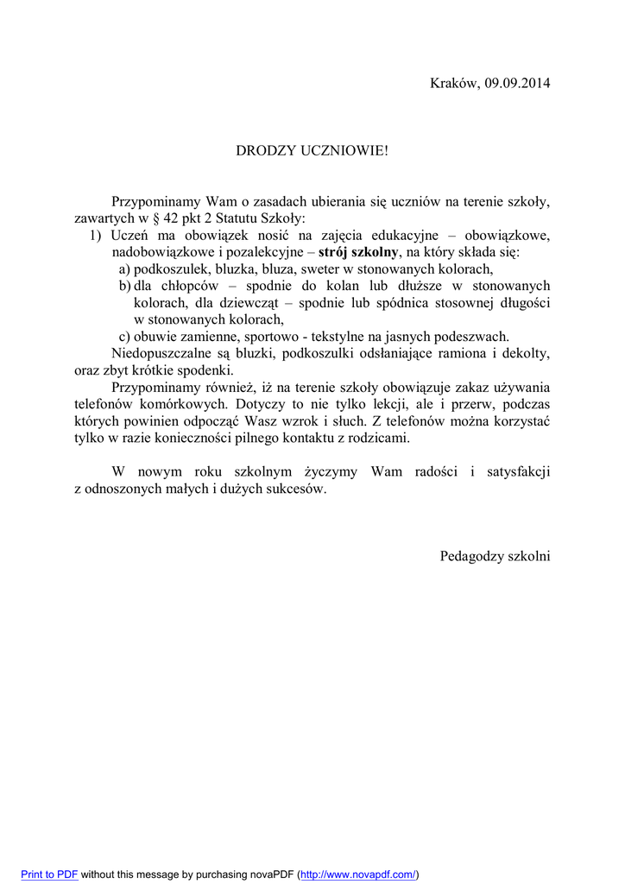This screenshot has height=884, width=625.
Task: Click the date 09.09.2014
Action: pyautogui.click(x=517, y=83)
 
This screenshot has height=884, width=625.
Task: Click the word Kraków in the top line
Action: pyautogui.click(x=454, y=83)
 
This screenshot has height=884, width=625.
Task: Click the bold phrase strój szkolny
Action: pyautogui.click(x=358, y=252)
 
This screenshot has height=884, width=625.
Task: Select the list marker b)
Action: pyautogui.click(x=124, y=286)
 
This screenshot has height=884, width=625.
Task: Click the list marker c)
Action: pyautogui.click(x=124, y=337)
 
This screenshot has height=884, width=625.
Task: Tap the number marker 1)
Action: pyautogui.click(x=96, y=236)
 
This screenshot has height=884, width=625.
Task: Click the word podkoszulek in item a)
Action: pyautogui.click(x=167, y=269)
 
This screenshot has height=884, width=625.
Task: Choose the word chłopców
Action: pyautogui.click(x=189, y=286)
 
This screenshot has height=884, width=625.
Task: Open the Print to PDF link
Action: pyautogui.click(x=49, y=875)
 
